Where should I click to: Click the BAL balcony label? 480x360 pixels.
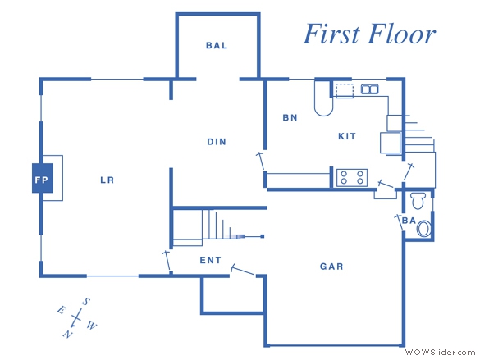click(217, 46)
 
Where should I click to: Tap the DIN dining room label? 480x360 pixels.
click(217, 142)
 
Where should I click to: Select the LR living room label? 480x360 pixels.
click(107, 180)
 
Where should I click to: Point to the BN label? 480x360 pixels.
click(290, 118)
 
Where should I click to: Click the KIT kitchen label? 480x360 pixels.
click(347, 136)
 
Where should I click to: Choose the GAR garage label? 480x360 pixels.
click(331, 267)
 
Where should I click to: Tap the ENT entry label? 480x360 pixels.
click(210, 261)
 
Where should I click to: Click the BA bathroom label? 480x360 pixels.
click(409, 221)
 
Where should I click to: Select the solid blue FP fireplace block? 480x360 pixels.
click(43, 178)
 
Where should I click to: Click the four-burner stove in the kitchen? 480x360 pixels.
click(352, 178)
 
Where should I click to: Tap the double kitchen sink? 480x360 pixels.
click(370, 89)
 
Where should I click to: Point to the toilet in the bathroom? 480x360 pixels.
click(418, 201)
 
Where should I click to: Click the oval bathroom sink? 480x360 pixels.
click(424, 229)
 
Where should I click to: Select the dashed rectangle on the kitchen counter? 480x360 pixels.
click(345, 90)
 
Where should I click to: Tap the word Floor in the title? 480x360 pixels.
click(402, 34)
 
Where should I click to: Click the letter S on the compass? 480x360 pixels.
click(85, 302)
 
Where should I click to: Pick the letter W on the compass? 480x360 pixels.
click(92, 326)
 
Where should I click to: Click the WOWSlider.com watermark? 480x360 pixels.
click(440, 353)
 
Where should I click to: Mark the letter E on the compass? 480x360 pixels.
click(62, 310)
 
